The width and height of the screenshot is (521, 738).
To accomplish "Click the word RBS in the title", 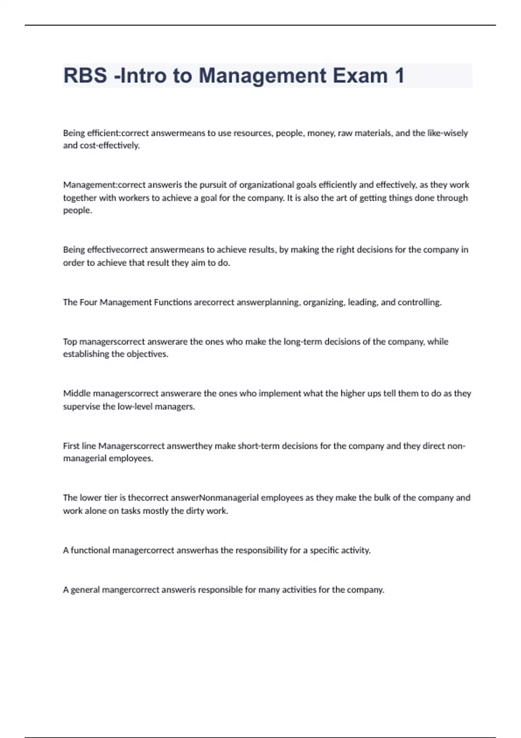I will point(85,76).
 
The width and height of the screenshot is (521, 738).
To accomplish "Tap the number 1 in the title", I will point(399,76).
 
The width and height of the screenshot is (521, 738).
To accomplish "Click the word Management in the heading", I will point(262,76).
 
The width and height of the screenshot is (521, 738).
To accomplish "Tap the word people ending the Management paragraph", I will point(77,211).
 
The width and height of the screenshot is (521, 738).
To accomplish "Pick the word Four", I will point(89,302).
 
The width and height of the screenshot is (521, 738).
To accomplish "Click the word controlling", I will point(419,302).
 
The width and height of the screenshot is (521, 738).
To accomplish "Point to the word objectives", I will point(147,354).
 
